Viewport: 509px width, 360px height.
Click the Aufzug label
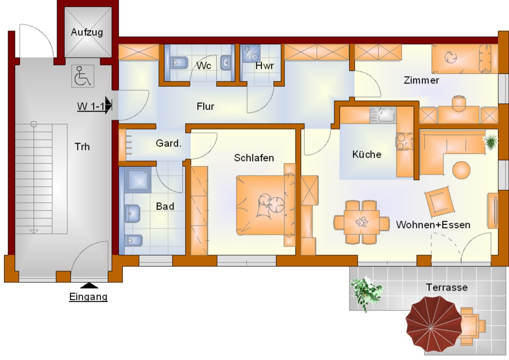tap(87, 32)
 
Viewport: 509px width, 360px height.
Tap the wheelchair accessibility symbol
tap(83, 76)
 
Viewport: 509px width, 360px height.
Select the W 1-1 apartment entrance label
tap(91, 106)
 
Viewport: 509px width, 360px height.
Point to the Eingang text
tap(88, 297)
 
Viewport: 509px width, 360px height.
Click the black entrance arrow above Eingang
tap(89, 286)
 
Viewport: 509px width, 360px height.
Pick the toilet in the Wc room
tap(179, 62)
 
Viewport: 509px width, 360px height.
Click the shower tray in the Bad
tap(138, 180)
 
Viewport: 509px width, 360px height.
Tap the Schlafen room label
tap(254, 158)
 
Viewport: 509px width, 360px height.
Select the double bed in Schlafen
tap(266, 205)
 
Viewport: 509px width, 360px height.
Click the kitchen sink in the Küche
tap(383, 115)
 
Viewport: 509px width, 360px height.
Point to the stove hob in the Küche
tap(404, 142)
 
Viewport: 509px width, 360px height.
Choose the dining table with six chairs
tap(361, 222)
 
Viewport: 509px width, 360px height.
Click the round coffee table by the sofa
tap(461, 170)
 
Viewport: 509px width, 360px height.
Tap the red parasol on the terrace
tap(434, 324)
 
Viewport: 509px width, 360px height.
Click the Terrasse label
tap(446, 287)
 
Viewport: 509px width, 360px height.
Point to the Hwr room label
tap(265, 65)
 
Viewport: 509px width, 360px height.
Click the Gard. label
tap(169, 143)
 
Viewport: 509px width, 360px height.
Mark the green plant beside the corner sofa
tap(490, 141)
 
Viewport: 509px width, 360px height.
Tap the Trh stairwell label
tap(82, 147)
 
